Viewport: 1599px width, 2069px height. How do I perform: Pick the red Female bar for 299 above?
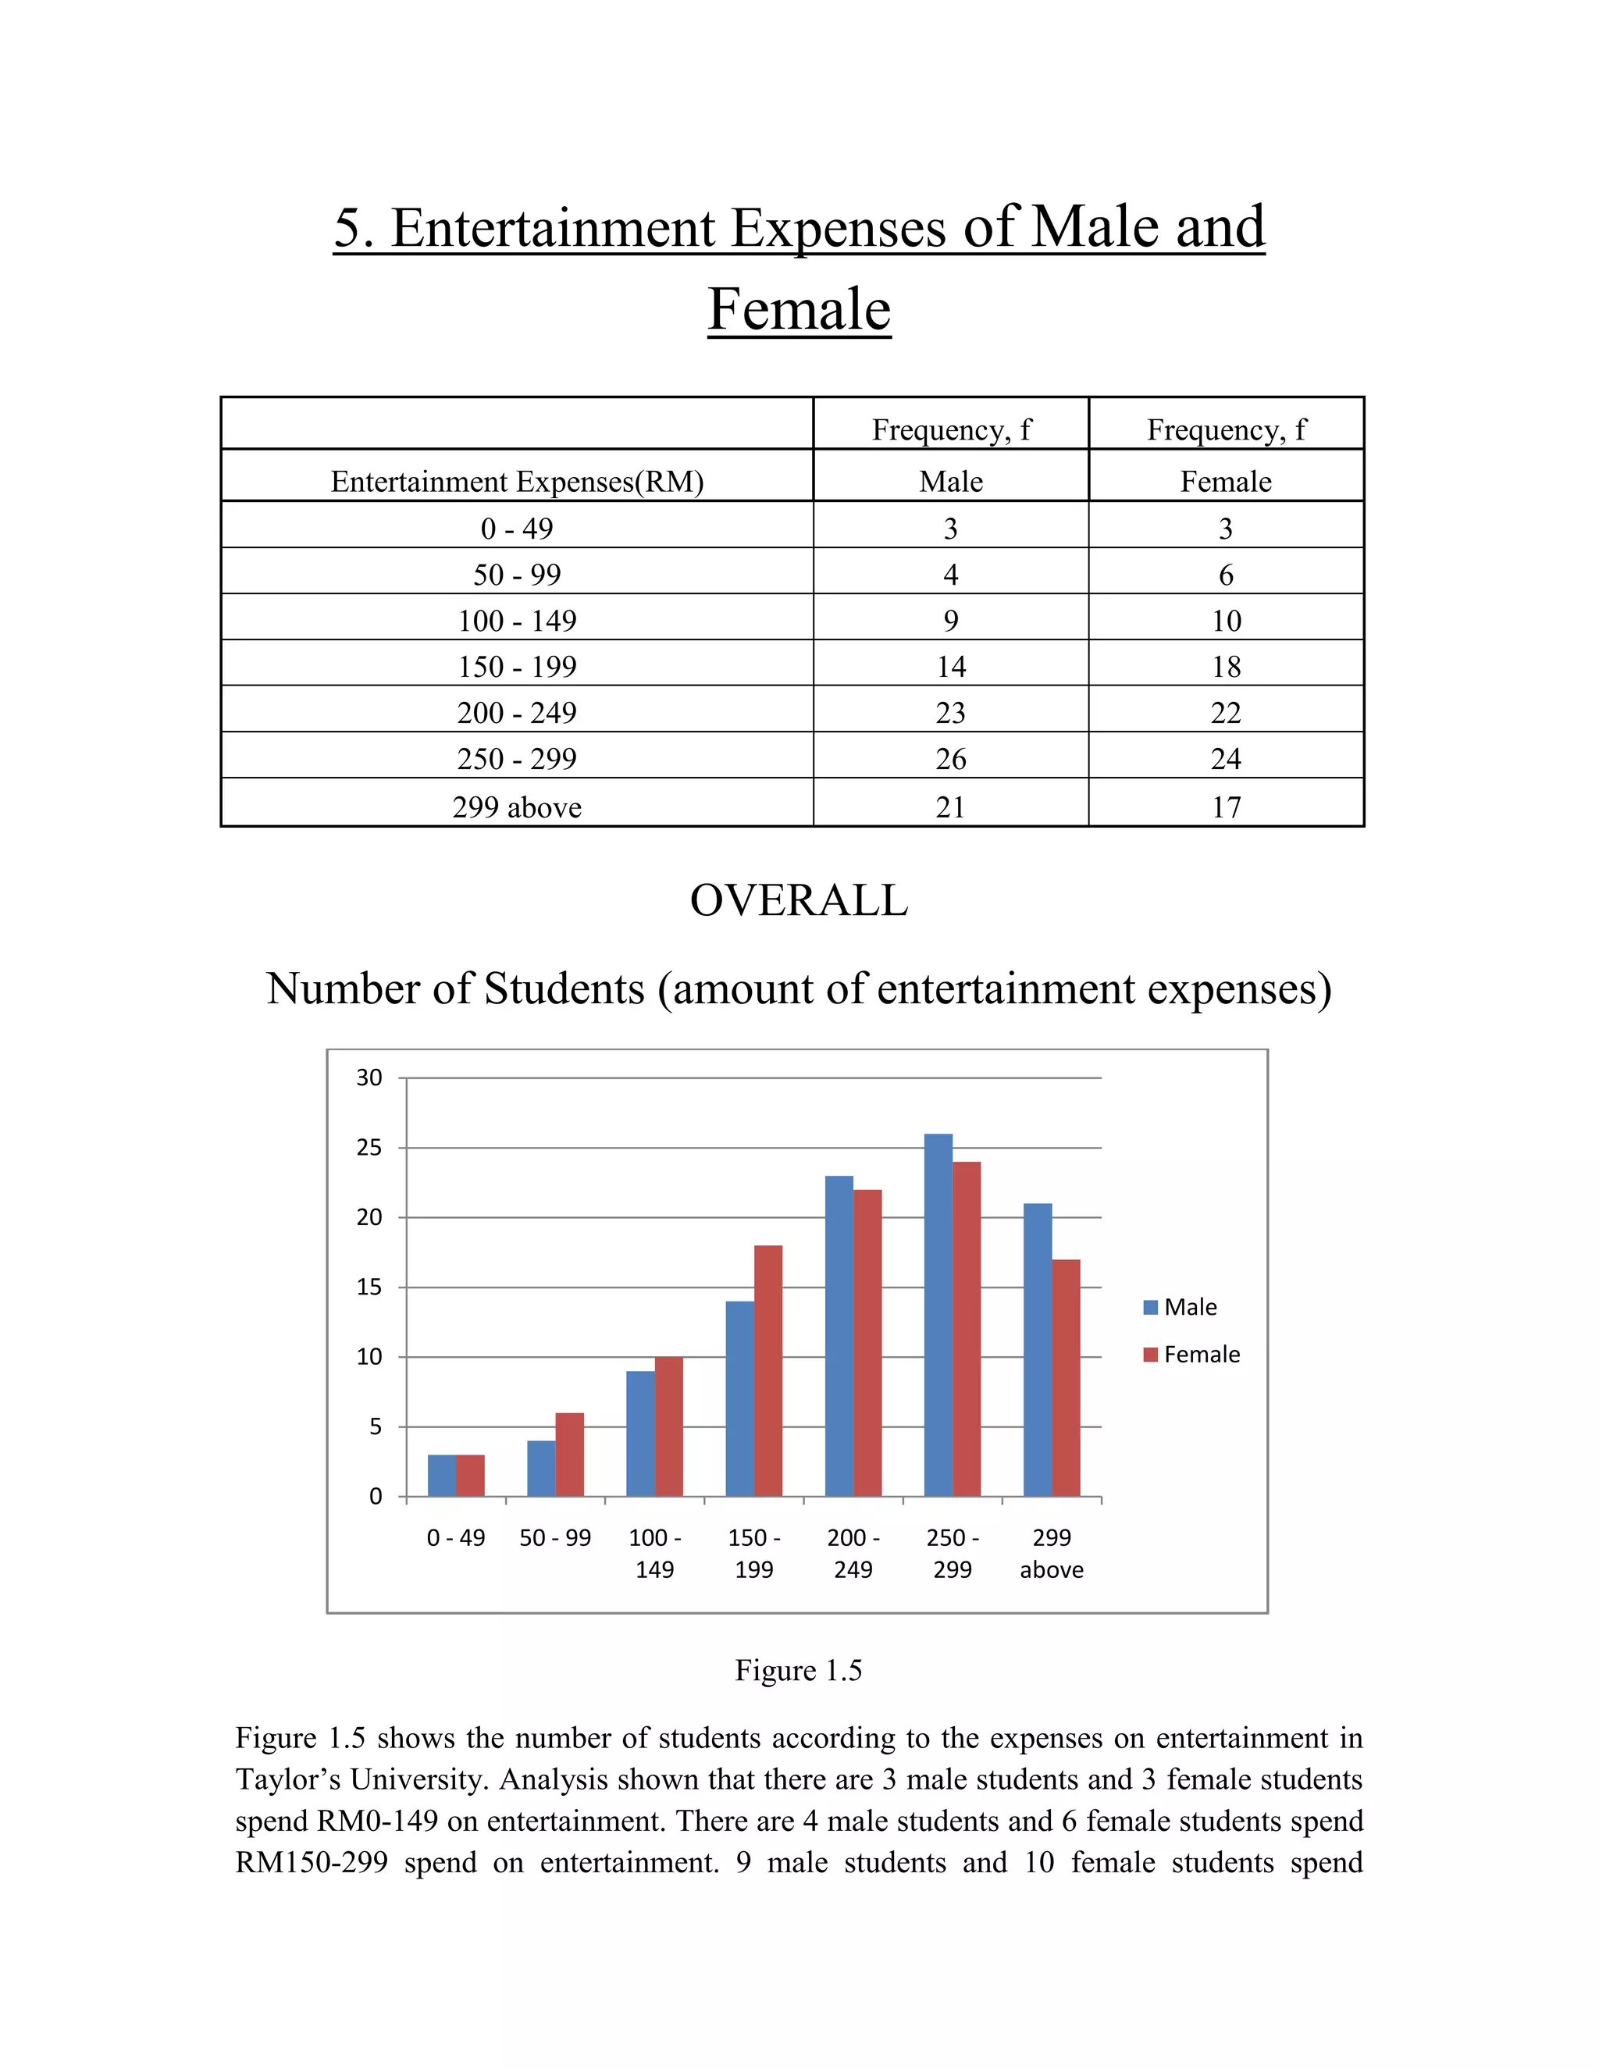click(x=1066, y=1377)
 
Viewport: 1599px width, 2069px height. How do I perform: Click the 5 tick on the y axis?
click(x=375, y=1426)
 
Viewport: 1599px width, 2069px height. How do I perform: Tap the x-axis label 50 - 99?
click(x=555, y=1537)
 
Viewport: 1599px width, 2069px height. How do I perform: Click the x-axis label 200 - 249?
click(x=853, y=1553)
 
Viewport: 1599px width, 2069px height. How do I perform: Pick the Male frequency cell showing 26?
click(x=950, y=759)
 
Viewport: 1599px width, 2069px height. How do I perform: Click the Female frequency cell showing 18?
click(x=1226, y=667)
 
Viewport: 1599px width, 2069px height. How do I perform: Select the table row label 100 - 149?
click(x=516, y=621)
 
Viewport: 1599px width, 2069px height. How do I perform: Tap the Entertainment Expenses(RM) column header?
click(x=516, y=481)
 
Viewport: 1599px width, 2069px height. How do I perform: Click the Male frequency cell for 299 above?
click(x=950, y=807)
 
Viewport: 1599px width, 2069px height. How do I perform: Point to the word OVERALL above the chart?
click(x=799, y=900)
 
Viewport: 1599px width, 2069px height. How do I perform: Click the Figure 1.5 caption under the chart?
click(x=799, y=1670)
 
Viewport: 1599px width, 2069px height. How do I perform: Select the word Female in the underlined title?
click(x=799, y=309)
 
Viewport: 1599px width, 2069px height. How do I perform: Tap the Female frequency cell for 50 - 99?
click(x=1226, y=575)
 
